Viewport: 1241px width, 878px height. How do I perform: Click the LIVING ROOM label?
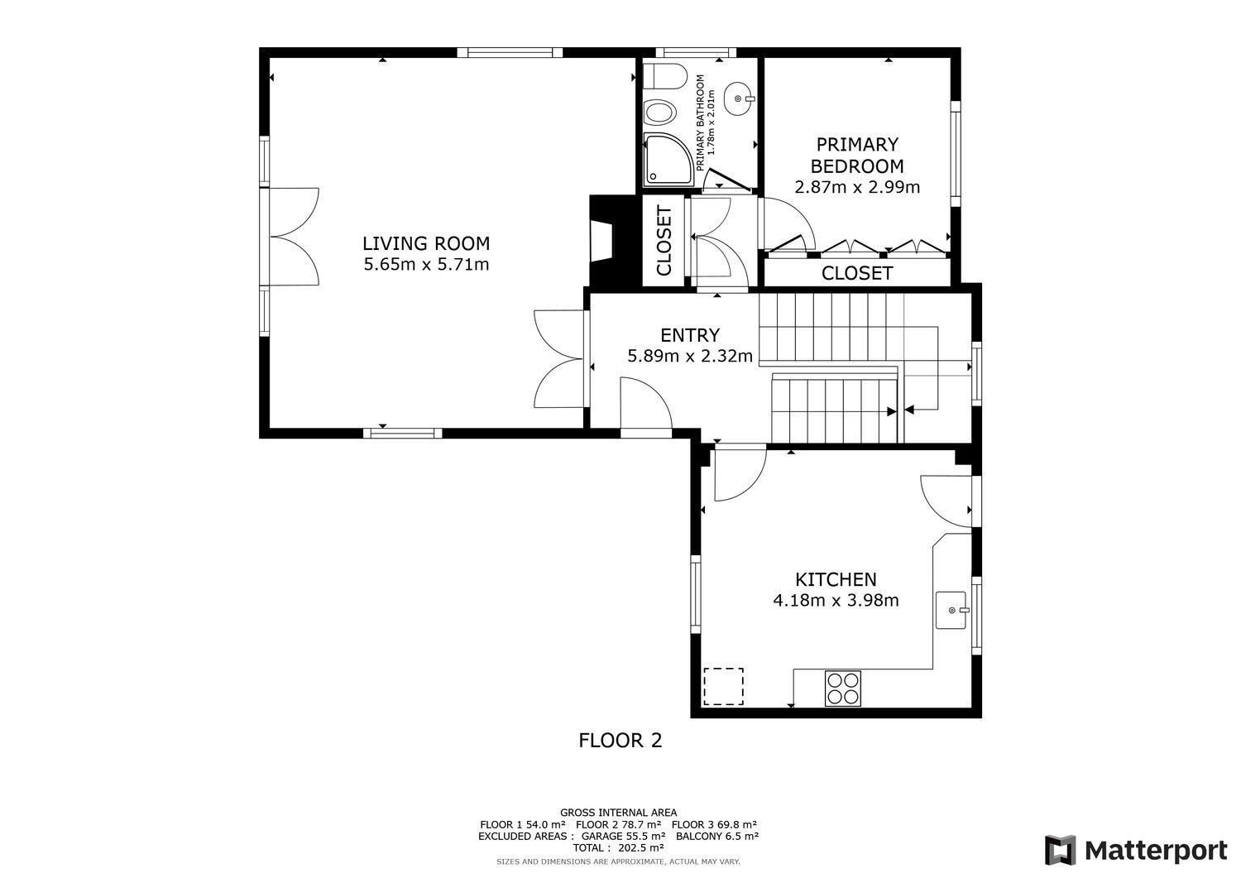[x=426, y=243]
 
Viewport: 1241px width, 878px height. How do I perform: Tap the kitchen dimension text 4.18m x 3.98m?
[x=836, y=600]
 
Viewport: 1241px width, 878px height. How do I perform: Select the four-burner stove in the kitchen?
[x=843, y=688]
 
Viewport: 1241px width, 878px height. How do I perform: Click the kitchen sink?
[x=951, y=610]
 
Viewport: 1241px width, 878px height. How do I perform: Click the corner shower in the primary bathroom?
[x=668, y=160]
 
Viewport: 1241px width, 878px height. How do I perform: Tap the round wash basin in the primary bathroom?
[x=739, y=99]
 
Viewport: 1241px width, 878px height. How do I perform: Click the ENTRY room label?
[x=690, y=335]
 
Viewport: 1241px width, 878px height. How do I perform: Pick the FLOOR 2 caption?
[x=620, y=740]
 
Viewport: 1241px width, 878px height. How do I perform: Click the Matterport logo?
[x=1136, y=851]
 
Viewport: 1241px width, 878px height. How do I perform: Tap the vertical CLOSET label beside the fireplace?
[x=664, y=241]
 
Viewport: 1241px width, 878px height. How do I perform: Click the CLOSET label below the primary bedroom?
[x=857, y=273]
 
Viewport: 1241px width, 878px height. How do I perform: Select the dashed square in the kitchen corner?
[x=724, y=687]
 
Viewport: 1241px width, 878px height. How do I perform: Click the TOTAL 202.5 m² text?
[x=618, y=847]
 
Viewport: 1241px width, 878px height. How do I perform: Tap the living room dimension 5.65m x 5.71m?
[x=426, y=265]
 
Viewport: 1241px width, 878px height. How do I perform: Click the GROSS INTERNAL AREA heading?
[x=618, y=813]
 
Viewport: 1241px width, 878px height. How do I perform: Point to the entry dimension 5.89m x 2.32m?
[x=690, y=356]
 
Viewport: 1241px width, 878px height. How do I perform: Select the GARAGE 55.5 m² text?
[x=623, y=836]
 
